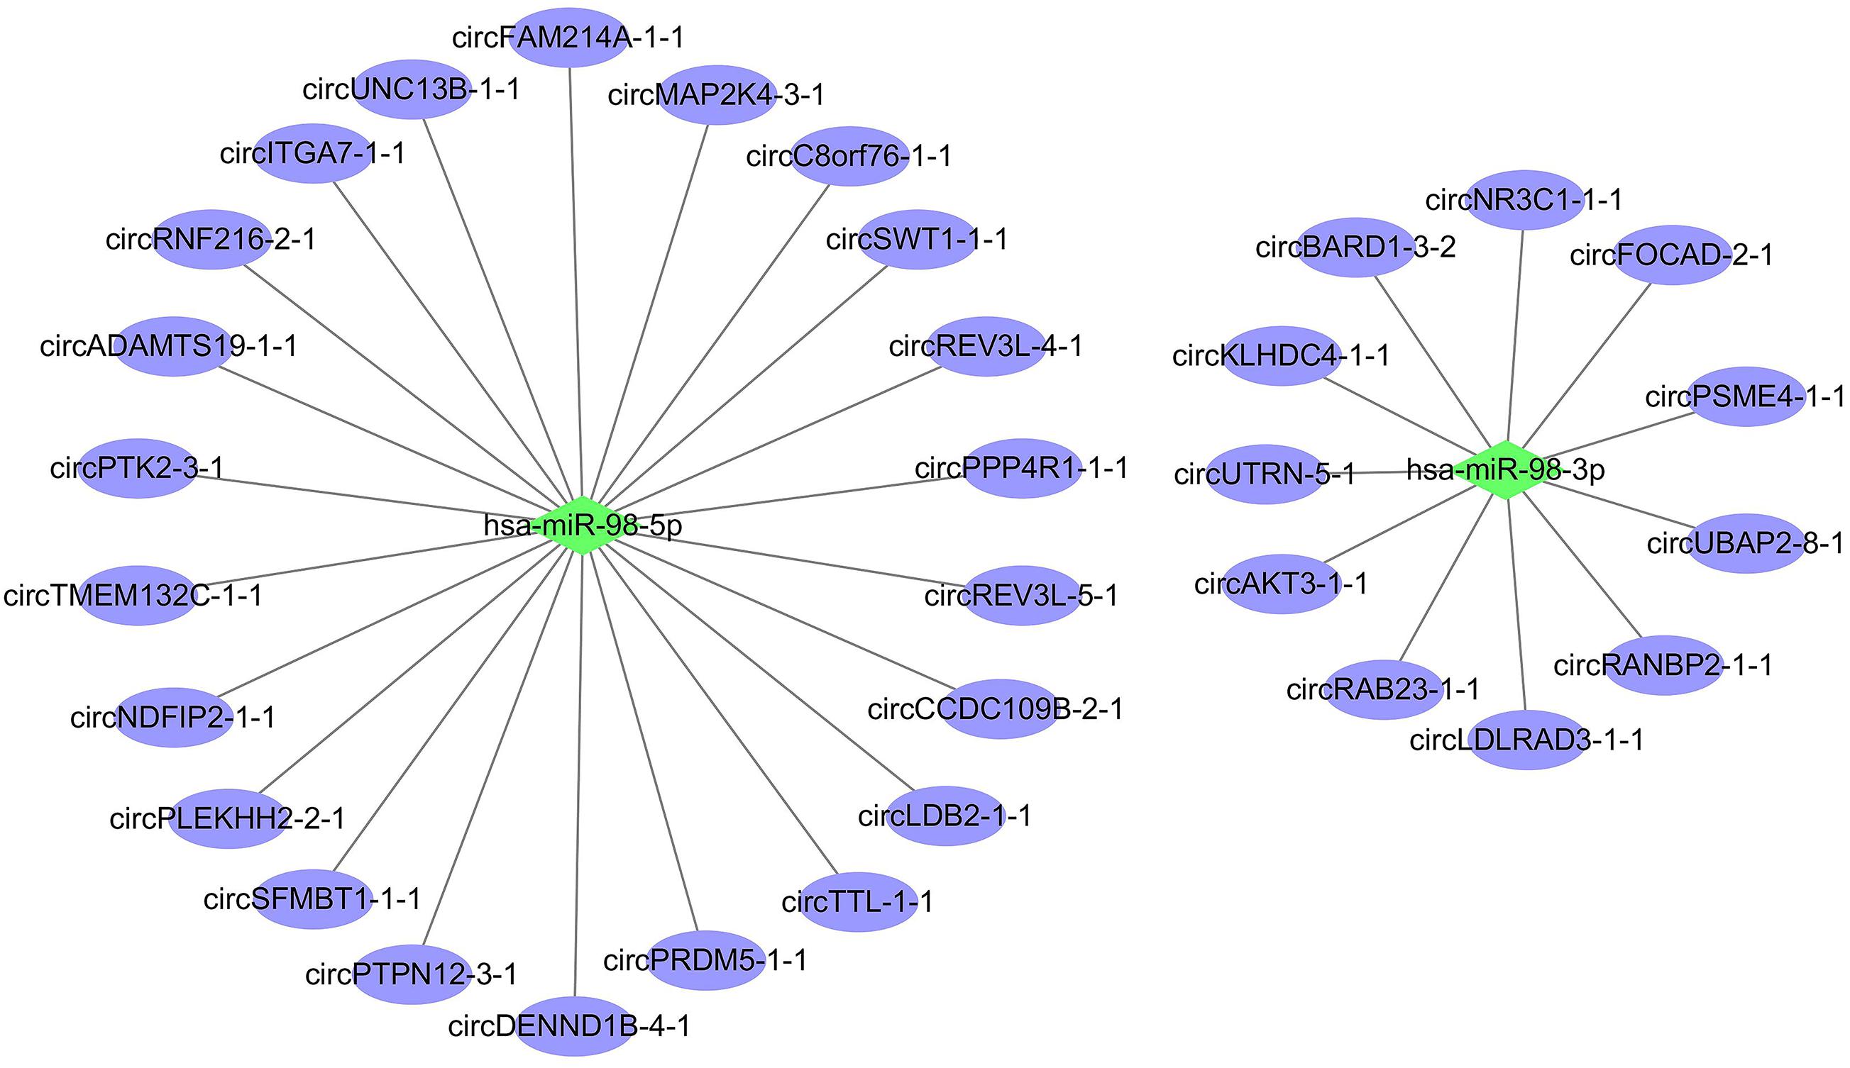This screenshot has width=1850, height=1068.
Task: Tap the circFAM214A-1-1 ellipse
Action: pos(571,37)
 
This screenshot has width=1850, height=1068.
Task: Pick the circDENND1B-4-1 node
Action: pos(574,1025)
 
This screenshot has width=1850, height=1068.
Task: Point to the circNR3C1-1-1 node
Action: pos(1525,199)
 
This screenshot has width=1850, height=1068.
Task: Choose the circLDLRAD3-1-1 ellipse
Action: pos(1527,740)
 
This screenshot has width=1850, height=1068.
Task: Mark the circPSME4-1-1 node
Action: pos(1746,397)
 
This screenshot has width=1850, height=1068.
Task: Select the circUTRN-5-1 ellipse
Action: pos(1265,474)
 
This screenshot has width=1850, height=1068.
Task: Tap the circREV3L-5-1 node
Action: pos(1021,595)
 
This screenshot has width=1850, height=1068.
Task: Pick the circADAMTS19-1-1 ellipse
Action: pos(174,346)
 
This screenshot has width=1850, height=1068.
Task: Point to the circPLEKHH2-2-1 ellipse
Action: pos(228,818)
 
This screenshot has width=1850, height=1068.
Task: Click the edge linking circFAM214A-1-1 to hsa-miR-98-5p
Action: pos(576,279)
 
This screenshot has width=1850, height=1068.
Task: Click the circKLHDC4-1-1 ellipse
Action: pos(1282,356)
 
